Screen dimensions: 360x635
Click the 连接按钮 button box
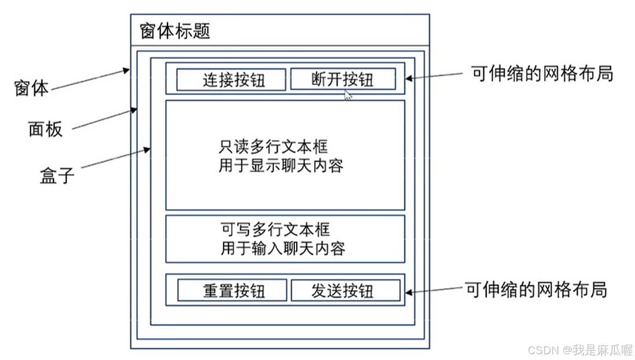click(x=231, y=79)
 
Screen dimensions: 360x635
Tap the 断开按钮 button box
click(x=342, y=79)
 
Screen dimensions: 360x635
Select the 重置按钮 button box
click(x=232, y=290)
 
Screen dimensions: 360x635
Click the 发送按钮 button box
click(x=345, y=290)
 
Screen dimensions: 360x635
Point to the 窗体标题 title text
click(x=174, y=31)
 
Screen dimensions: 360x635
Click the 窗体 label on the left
click(x=31, y=88)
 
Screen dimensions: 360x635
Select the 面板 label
click(x=45, y=129)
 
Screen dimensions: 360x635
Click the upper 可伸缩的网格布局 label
click(x=542, y=74)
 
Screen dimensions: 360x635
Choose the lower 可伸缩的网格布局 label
click(x=536, y=288)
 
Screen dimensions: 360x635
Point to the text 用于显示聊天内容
click(x=281, y=166)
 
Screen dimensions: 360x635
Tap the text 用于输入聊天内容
click(x=283, y=248)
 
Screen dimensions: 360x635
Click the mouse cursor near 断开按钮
click(x=348, y=95)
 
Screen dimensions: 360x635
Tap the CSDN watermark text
click(x=580, y=350)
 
